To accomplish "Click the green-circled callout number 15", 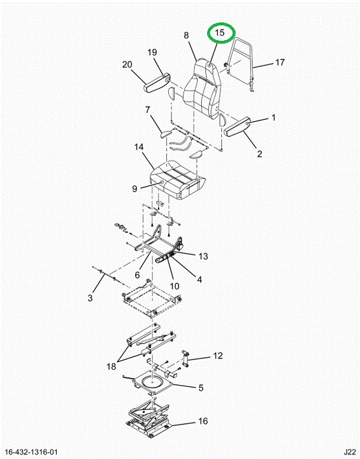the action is [x=220, y=33].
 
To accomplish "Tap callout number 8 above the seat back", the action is [x=187, y=36].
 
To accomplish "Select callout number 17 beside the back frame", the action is [x=280, y=62].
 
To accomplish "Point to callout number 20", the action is [x=127, y=64].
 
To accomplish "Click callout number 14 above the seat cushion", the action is [x=139, y=147].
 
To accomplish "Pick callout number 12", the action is [x=218, y=356].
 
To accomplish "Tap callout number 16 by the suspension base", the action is [x=203, y=421].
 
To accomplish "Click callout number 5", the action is [x=201, y=388].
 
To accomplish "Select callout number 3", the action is [x=90, y=298].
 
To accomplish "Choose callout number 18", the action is [x=112, y=366].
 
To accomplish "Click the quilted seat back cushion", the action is [x=202, y=89].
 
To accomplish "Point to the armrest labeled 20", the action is [x=157, y=84].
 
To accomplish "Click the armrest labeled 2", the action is [x=237, y=126].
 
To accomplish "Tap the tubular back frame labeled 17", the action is [x=241, y=64].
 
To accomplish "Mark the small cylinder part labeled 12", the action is [x=185, y=358].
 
